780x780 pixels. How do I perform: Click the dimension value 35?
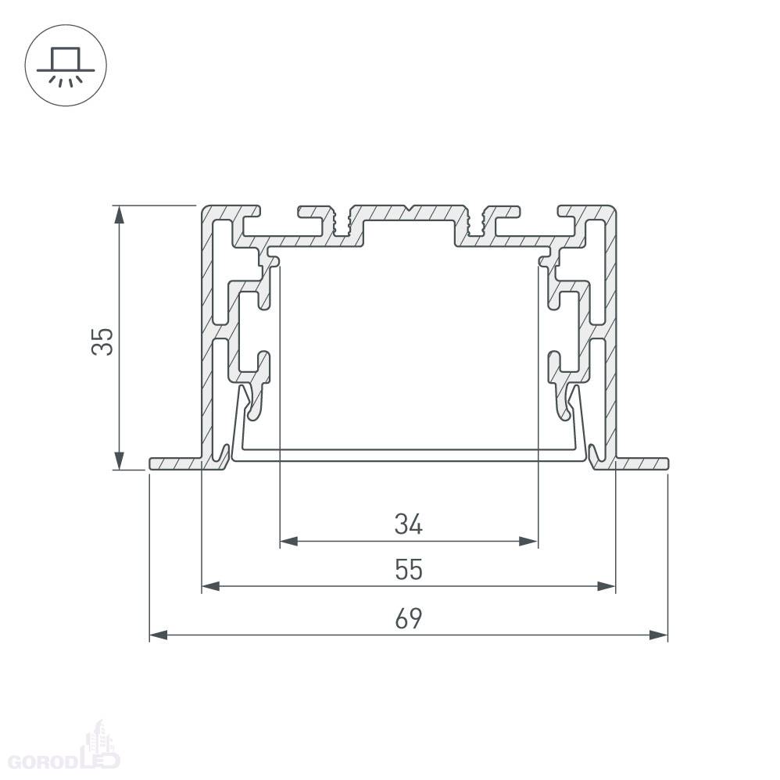pyautogui.click(x=102, y=342)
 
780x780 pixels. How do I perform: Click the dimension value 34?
pyautogui.click(x=409, y=524)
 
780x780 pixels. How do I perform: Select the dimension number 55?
pyautogui.click(x=409, y=570)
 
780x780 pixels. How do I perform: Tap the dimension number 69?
pyautogui.click(x=409, y=618)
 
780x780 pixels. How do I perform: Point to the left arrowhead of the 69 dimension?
pyautogui.click(x=159, y=635)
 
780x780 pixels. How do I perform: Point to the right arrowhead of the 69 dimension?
pyautogui.click(x=659, y=635)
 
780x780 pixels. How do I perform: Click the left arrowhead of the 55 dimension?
pyautogui.click(x=211, y=586)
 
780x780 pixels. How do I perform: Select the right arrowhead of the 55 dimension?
pyautogui.click(x=606, y=586)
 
